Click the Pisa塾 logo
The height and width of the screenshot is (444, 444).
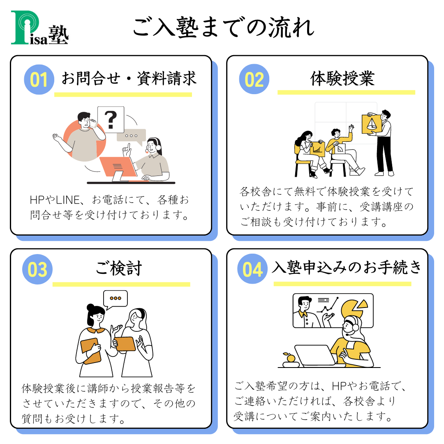[x=39, y=28]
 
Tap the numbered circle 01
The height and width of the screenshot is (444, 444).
[x=39, y=80]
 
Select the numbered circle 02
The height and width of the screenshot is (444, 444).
[x=254, y=79]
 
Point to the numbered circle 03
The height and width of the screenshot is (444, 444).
[x=37, y=269]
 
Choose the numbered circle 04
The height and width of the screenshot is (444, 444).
[x=252, y=269]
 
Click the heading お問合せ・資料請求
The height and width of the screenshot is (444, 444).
[x=129, y=79]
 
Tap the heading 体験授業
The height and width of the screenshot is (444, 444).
[x=342, y=78]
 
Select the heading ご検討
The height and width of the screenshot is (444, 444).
[x=119, y=268]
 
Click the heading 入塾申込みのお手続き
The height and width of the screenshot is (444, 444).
[x=347, y=267]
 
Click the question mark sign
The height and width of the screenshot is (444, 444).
[x=111, y=120]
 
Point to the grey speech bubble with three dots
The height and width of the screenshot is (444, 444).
[x=132, y=136]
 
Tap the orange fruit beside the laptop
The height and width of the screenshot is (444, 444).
[x=291, y=358]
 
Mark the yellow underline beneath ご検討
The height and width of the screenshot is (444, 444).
[x=121, y=284]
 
